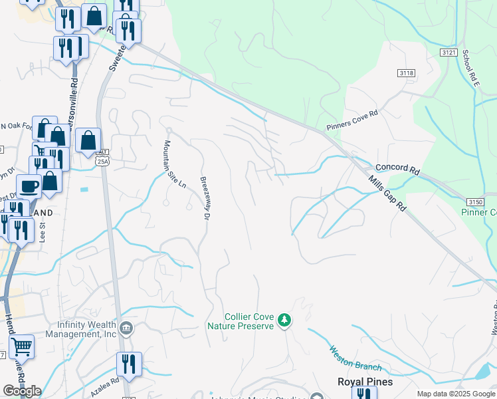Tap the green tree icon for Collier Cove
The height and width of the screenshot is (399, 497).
284,321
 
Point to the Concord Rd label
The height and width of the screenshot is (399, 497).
397,170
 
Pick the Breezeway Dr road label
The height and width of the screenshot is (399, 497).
206,198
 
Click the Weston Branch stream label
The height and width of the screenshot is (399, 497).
355,358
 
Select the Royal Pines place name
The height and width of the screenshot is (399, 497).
365,382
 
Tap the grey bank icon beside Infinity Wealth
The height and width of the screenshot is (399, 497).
126,327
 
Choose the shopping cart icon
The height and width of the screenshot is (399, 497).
22,346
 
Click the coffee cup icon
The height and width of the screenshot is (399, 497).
28,186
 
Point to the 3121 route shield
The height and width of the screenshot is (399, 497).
449,52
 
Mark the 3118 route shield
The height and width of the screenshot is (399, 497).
407,72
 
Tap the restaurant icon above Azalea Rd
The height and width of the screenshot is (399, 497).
129,364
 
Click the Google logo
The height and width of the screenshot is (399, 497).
22,391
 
